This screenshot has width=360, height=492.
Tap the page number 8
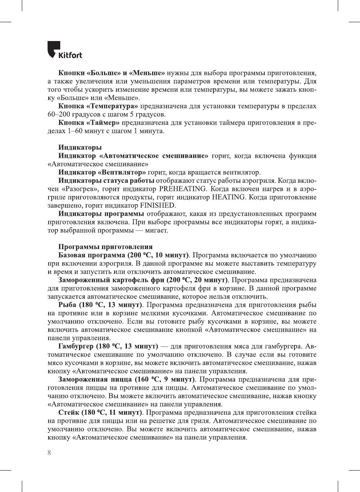pyautogui.click(x=49, y=452)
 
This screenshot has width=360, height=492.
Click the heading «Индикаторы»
pyautogui.click(x=80, y=147)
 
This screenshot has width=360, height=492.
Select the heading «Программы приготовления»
pyautogui.click(x=105, y=247)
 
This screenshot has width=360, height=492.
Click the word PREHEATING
pyautogui.click(x=183, y=189)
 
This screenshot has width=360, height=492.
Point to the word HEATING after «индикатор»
pyautogui.click(x=228, y=197)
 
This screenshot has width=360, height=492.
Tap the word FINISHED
pyautogui.click(x=158, y=205)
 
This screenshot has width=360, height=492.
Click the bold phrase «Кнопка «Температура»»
pyautogui.click(x=98, y=106)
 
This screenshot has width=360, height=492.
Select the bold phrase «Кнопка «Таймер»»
pyautogui.click(x=89, y=122)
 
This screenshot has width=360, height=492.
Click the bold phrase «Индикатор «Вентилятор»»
pyautogui.click(x=102, y=172)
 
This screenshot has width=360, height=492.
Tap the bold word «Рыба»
pyautogui.click(x=67, y=305)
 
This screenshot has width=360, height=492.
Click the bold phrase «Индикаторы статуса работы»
pyautogui.click(x=106, y=180)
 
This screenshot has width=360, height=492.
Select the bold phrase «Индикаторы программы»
pyautogui.click(x=101, y=213)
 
